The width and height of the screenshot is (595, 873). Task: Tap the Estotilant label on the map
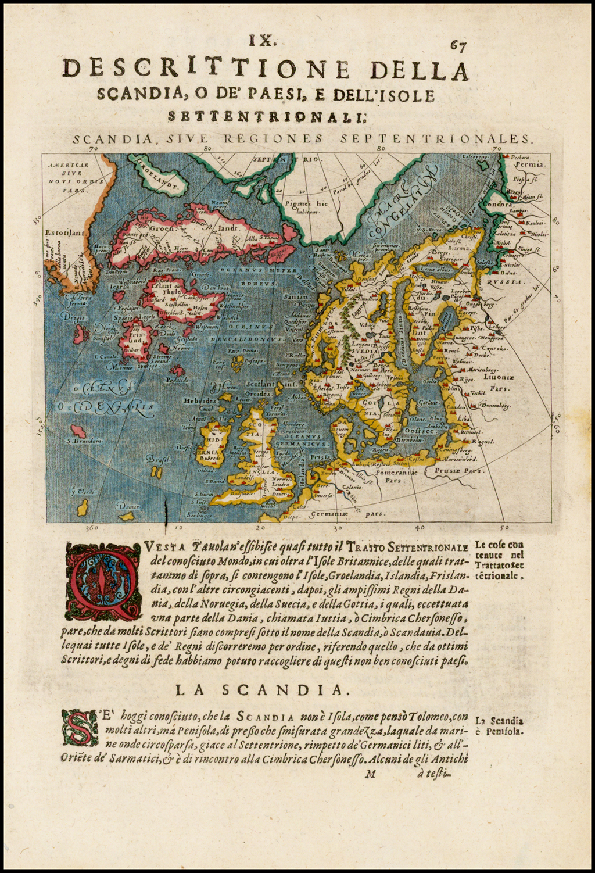point(63,234)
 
